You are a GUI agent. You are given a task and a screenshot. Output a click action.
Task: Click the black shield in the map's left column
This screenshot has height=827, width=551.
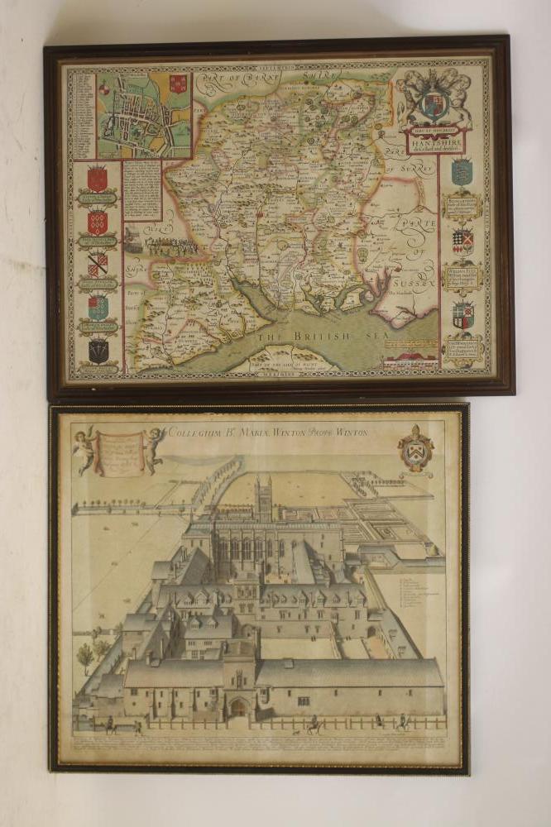coord(98,351)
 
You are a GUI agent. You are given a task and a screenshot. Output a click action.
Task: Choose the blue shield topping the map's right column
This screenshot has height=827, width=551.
coord(462,173)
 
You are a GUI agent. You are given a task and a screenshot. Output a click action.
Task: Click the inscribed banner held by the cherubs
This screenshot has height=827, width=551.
coord(119,452)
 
